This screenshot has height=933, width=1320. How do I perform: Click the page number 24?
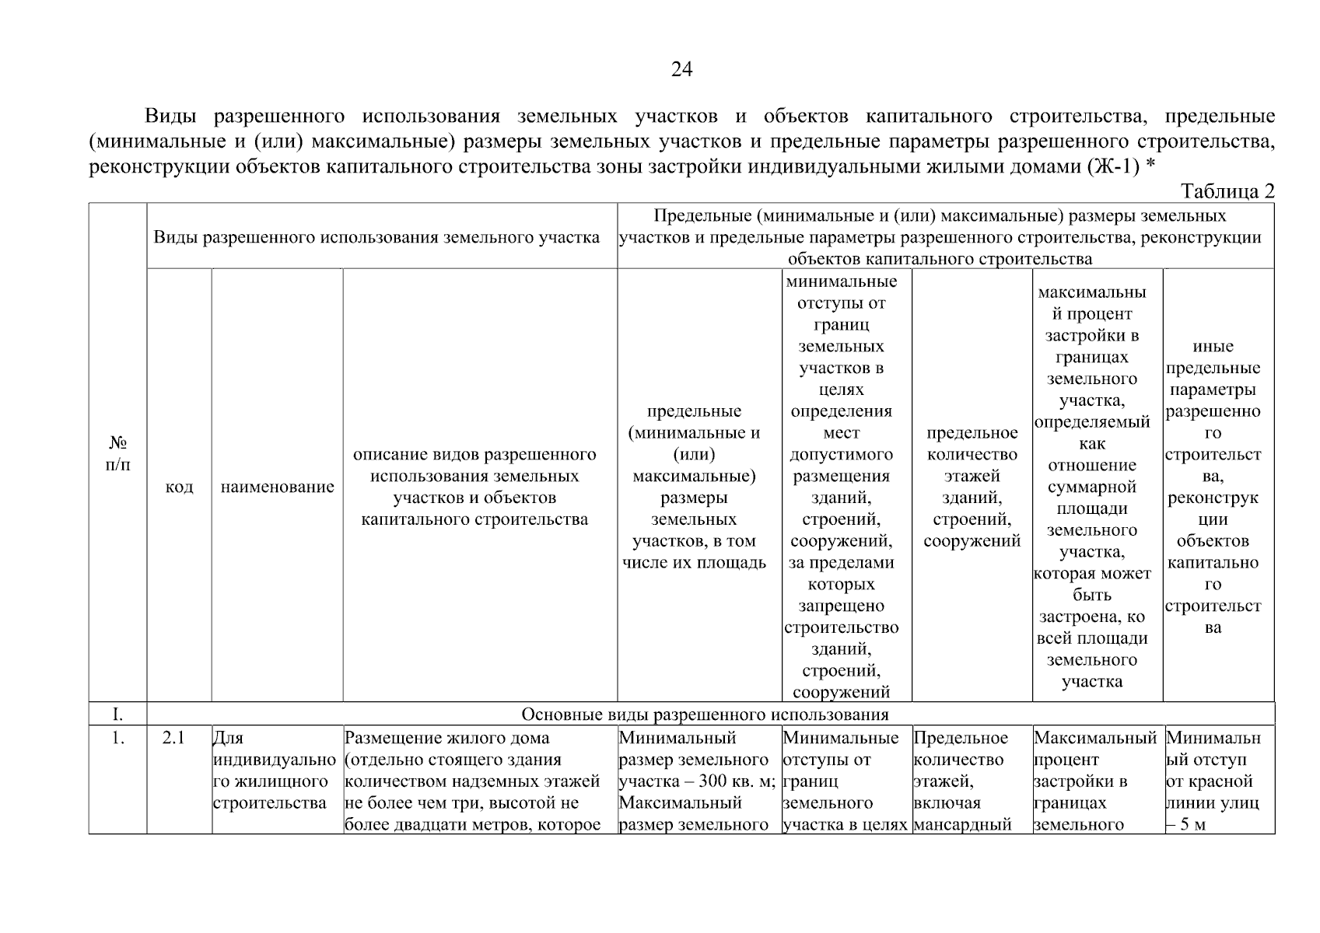[681, 70]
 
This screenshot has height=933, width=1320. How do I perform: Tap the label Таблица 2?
[1227, 191]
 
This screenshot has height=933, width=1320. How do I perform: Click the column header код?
[179, 487]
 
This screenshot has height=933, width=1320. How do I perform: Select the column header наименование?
[278, 487]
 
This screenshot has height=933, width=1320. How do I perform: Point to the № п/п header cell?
[117, 453]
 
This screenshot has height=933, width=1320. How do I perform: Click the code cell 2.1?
[173, 738]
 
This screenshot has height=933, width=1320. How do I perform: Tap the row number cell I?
[117, 714]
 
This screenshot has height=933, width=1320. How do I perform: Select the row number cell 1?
[117, 738]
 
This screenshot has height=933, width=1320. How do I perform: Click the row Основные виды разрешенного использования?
[704, 714]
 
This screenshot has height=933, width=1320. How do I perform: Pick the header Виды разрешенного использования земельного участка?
[376, 237]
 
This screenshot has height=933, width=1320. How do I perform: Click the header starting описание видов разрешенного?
[474, 487]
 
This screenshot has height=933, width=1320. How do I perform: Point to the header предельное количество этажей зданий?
[972, 487]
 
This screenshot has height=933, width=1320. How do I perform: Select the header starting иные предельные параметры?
[1213, 487]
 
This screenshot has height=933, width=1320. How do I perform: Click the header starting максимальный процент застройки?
[1092, 487]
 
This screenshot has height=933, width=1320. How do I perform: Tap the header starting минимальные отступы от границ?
[841, 487]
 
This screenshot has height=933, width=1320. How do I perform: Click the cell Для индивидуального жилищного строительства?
[270, 771]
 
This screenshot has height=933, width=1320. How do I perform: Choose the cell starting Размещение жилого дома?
[472, 781]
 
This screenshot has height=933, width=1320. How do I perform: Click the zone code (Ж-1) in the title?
[1113, 166]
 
